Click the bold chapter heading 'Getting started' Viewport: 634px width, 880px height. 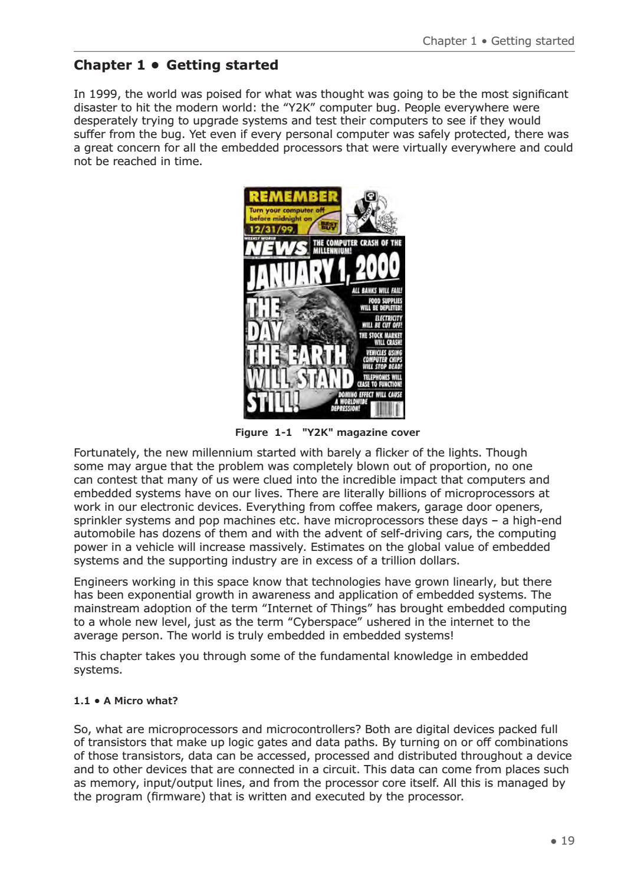coord(176,65)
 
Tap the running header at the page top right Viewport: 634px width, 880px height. coord(498,41)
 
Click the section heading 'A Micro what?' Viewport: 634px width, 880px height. coord(126,701)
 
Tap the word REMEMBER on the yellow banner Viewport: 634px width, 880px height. coord(293,196)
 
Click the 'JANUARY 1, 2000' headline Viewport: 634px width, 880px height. coord(323,273)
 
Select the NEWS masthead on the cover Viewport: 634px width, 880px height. coord(276,248)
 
